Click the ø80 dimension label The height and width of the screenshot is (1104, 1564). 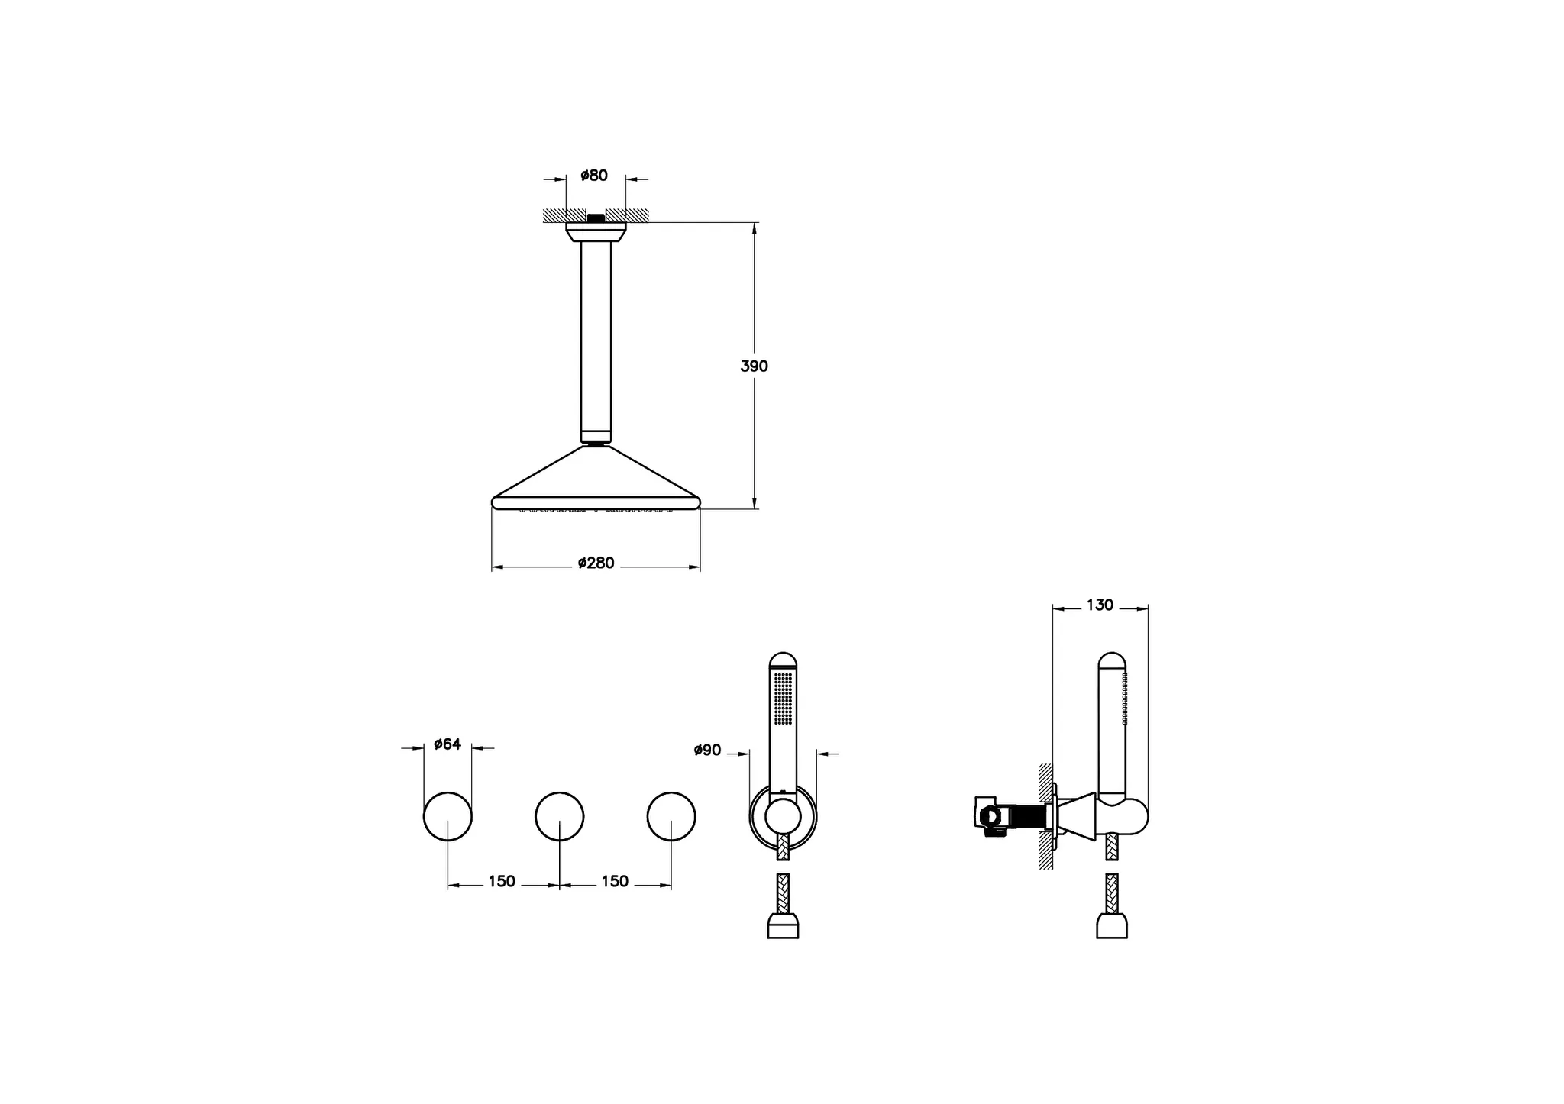pos(594,176)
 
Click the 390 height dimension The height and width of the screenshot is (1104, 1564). pos(754,366)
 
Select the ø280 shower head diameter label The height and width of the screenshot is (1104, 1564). pos(596,563)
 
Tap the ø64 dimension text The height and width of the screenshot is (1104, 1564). pos(448,744)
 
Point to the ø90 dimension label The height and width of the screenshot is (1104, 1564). pos(707,751)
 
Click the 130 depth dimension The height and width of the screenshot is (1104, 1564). pos(1100,605)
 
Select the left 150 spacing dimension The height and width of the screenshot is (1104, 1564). pos(502,882)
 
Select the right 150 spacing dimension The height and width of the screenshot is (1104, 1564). pos(615,882)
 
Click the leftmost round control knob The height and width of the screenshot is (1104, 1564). pos(448,816)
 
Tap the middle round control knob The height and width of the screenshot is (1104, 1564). pos(560,816)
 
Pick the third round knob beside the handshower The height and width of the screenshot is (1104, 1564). pos(671,816)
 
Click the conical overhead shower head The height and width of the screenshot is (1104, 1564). pos(596,481)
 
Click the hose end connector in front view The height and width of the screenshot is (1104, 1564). pos(783,928)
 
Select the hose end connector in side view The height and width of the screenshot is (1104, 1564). pos(1112,927)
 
